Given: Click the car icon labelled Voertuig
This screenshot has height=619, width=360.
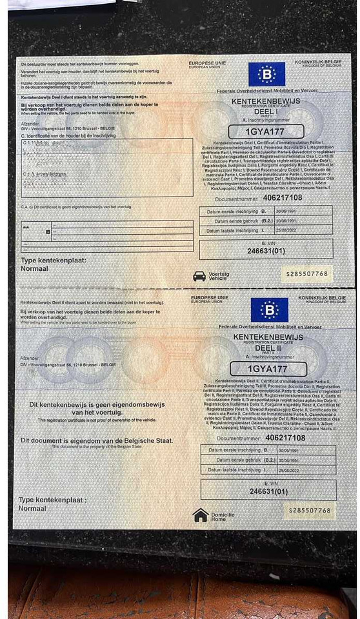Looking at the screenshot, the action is coord(199,275).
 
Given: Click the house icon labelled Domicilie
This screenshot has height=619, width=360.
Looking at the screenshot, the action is coord(201,515).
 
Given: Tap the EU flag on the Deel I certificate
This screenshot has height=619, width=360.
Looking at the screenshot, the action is coord(266,74).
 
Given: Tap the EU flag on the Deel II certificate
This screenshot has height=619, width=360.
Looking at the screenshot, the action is coord(269,310).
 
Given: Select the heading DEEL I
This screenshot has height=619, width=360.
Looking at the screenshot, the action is coord(265,111).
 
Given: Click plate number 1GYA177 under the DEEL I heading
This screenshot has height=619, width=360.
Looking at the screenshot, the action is coord(266,132).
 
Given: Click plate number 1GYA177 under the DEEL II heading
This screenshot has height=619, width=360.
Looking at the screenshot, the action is coord(268,369).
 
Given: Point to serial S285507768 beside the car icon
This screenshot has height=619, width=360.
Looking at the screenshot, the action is coord(307,273).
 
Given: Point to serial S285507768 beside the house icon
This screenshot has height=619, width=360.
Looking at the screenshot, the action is coord(309,511).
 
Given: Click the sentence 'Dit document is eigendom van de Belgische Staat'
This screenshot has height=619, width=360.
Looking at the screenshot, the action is coord(97,440).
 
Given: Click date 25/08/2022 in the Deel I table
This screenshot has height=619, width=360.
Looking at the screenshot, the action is coord(286,230).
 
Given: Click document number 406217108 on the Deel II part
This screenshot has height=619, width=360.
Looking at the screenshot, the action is coord(285,438).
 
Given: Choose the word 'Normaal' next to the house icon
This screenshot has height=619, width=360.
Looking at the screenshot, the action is coord(32,509).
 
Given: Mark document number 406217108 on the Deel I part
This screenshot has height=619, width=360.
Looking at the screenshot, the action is coord(283,197).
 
